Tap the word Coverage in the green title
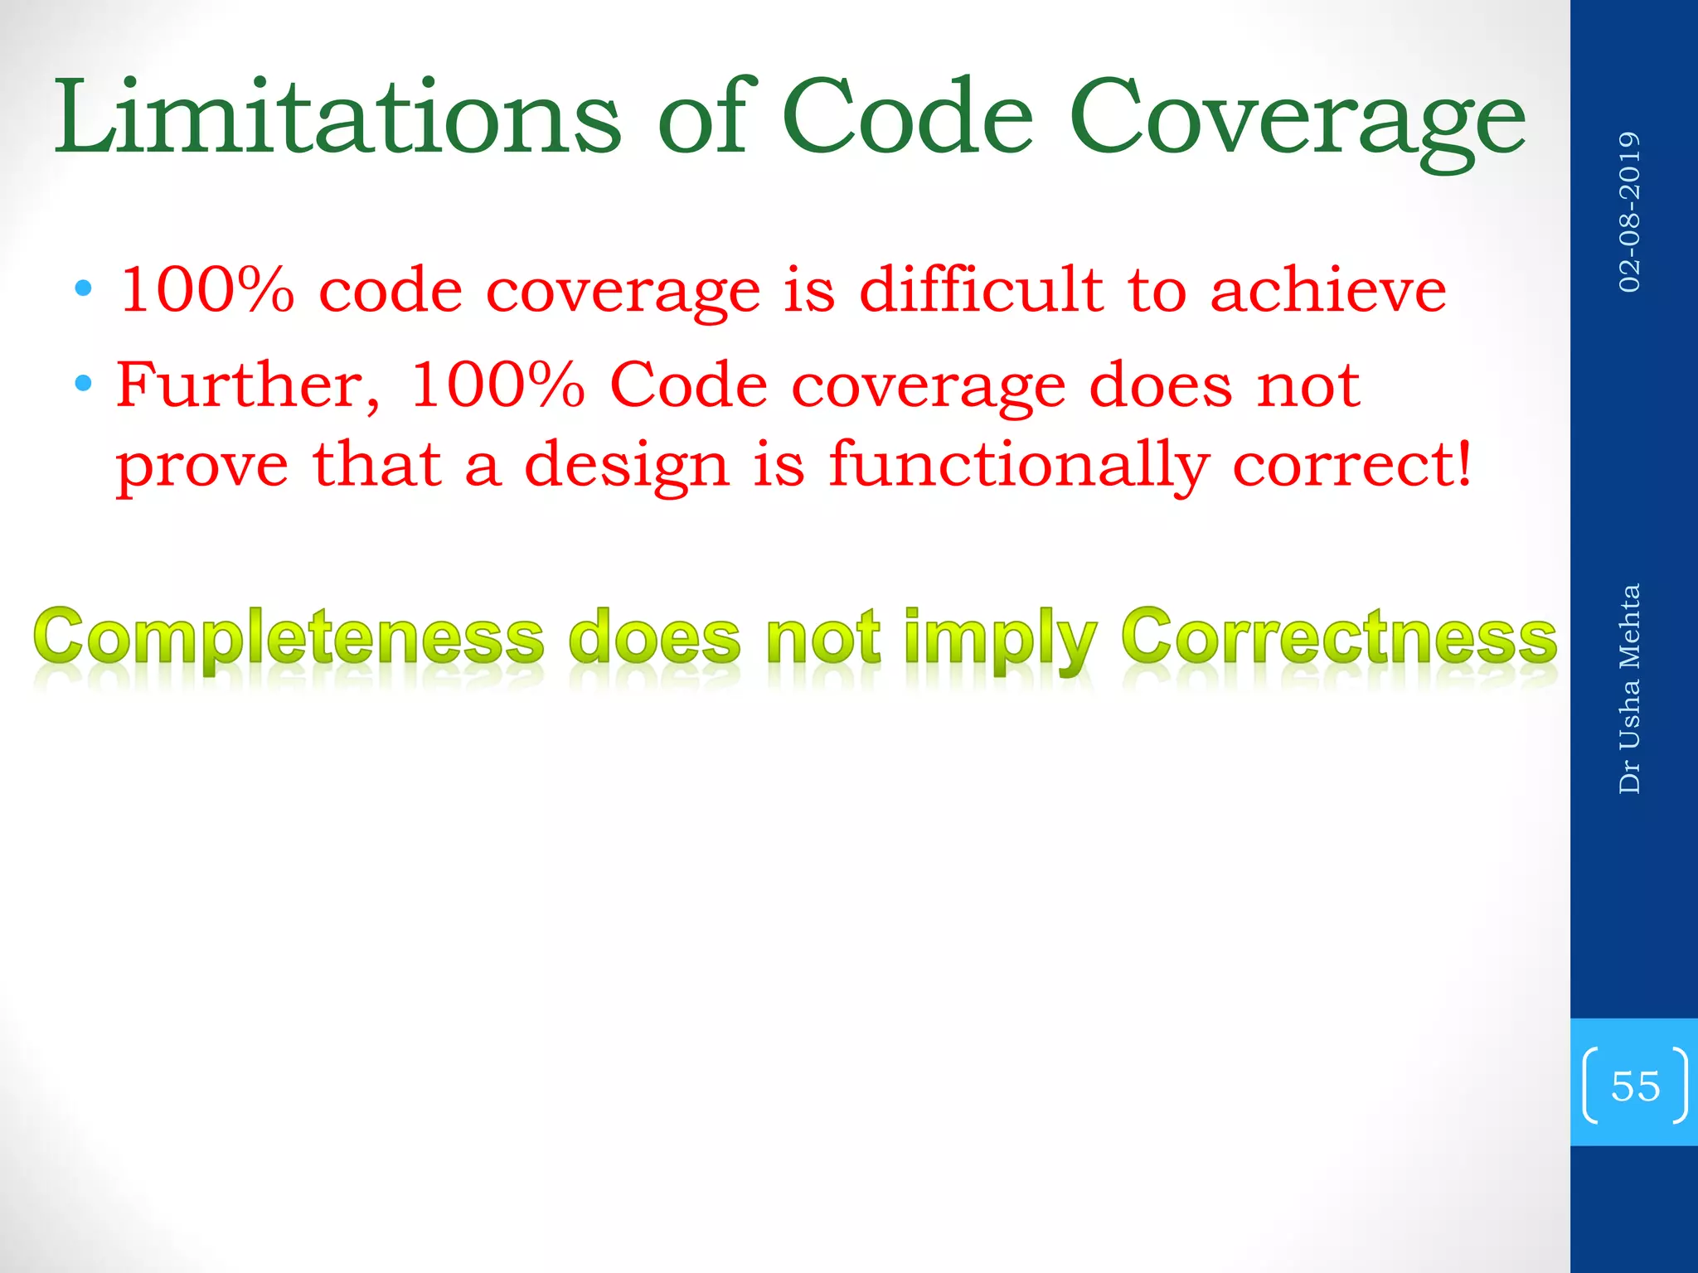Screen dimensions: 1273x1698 1297,118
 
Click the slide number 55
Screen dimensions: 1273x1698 1635,1086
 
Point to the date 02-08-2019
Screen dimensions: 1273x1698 1629,212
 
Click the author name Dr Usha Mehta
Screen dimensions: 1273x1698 1629,689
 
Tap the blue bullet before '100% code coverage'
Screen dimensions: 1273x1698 83,289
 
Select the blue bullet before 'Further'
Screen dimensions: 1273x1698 83,384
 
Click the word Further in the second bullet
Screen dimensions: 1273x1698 247,385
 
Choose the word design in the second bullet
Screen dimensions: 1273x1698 627,466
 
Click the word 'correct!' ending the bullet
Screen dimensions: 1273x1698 1351,464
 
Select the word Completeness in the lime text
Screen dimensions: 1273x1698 289,639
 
